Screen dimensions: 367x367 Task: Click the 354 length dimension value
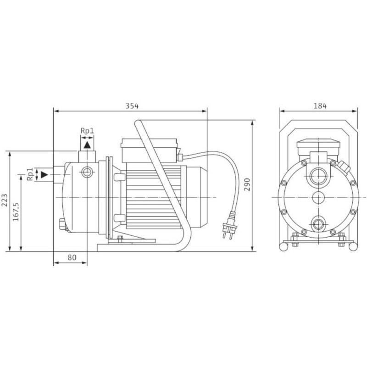(132, 106)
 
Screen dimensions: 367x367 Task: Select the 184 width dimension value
(320, 106)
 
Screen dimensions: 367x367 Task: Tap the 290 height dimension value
(247, 185)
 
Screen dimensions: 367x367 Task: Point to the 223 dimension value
(5, 200)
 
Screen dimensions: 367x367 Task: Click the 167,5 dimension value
(16, 212)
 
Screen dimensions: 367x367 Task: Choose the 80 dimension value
(72, 257)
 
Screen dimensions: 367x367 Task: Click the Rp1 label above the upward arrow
(87, 131)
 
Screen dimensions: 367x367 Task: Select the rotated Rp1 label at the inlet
(30, 174)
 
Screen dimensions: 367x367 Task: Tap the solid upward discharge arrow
(87, 145)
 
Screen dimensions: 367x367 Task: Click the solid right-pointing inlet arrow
(44, 174)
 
